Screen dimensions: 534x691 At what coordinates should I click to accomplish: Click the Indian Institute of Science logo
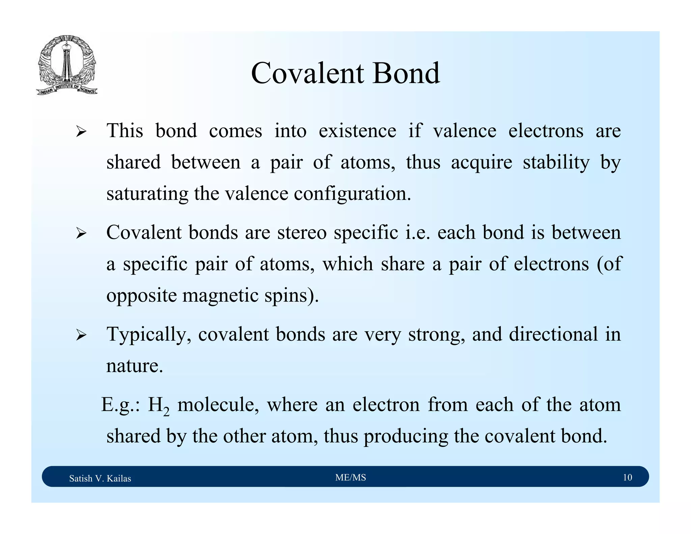[x=67, y=65]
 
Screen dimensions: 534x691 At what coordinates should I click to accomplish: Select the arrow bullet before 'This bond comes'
[x=81, y=131]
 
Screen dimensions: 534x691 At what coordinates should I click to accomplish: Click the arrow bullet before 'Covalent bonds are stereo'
[x=81, y=233]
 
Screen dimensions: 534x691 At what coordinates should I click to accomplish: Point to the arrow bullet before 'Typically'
[x=81, y=335]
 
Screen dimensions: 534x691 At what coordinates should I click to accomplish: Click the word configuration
[x=352, y=194]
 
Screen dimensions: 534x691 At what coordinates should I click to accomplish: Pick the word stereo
[x=302, y=233]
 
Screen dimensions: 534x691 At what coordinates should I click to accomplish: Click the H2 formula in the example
[x=158, y=405]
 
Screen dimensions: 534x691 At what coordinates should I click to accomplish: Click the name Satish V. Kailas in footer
[x=100, y=478]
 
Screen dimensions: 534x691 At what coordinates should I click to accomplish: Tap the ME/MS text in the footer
[x=351, y=477]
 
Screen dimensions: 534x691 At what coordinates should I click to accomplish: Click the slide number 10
[x=627, y=477]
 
